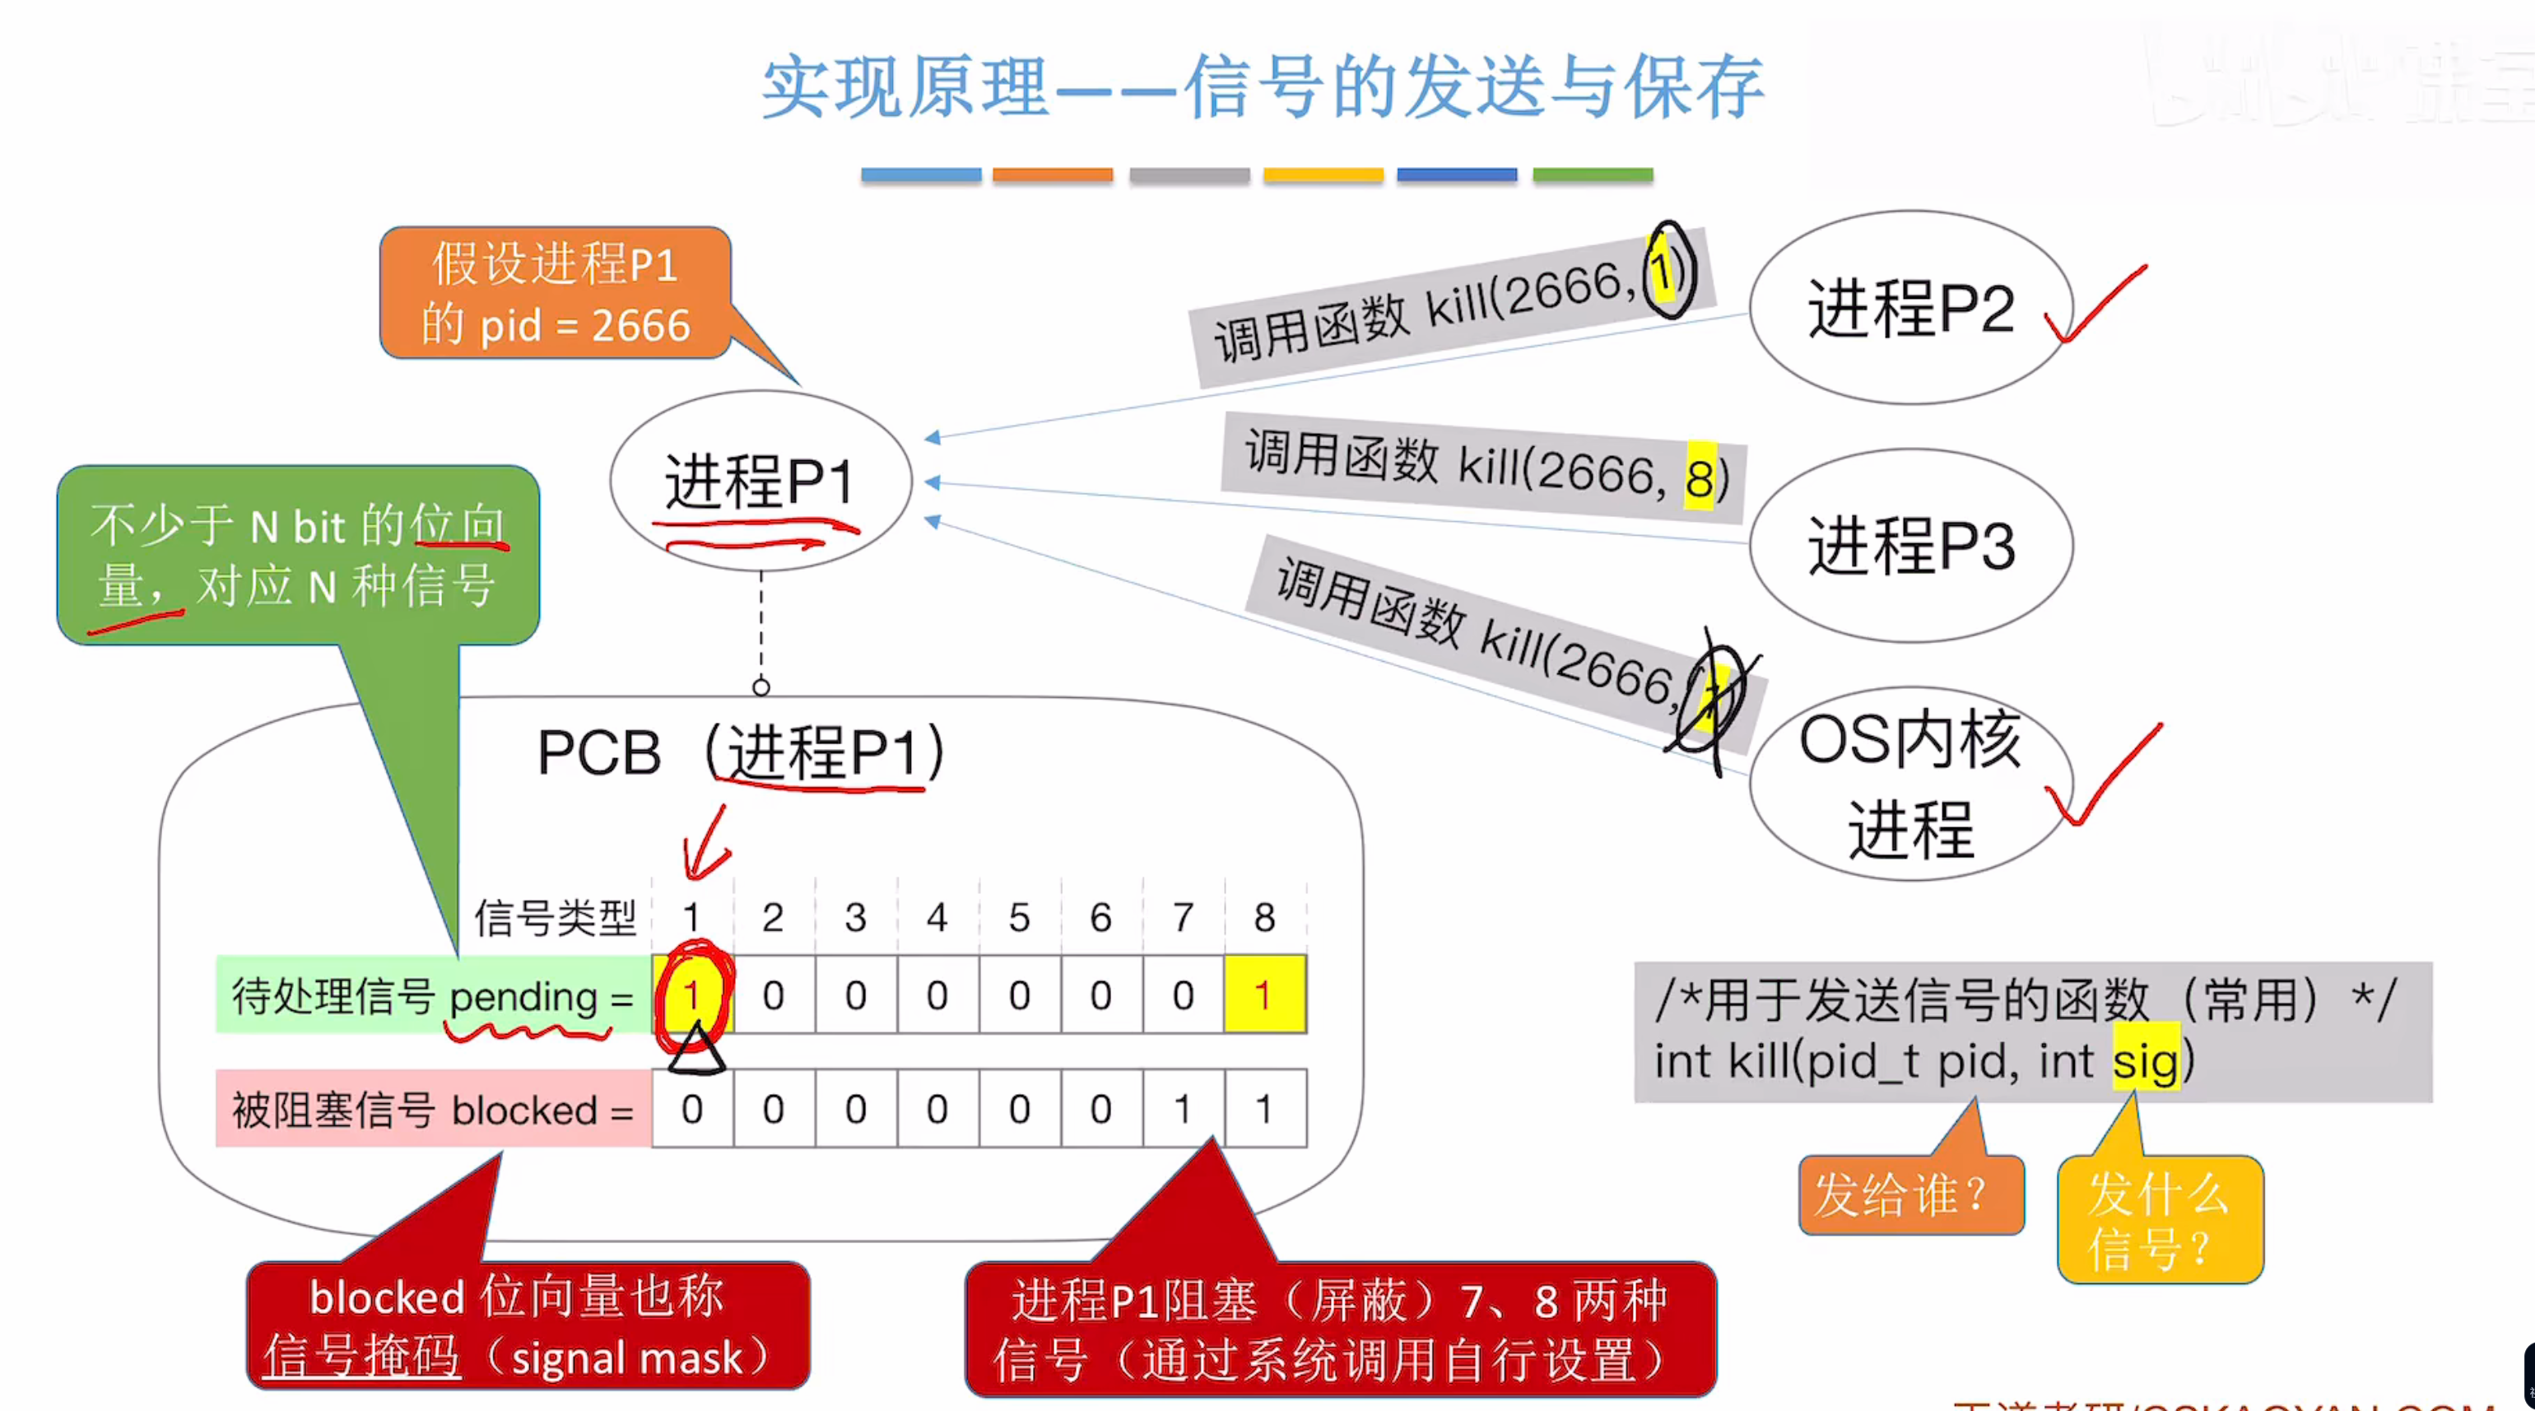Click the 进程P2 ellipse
click(1910, 307)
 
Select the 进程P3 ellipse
click(1910, 545)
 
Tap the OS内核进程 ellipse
click(1910, 783)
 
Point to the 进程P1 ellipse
click(760, 480)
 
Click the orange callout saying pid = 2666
click(555, 293)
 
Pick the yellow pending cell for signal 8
click(1264, 994)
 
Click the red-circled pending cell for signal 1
click(692, 994)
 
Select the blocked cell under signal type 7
click(1183, 1109)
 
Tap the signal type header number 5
click(1019, 917)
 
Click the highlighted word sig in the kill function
click(2146, 1060)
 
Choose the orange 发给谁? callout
click(1910, 1194)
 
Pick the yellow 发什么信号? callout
click(2159, 1220)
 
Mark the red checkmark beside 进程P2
click(2094, 305)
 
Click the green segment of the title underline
click(1593, 175)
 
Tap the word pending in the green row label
click(523, 997)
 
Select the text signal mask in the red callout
click(627, 1357)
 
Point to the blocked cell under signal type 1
click(692, 1109)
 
